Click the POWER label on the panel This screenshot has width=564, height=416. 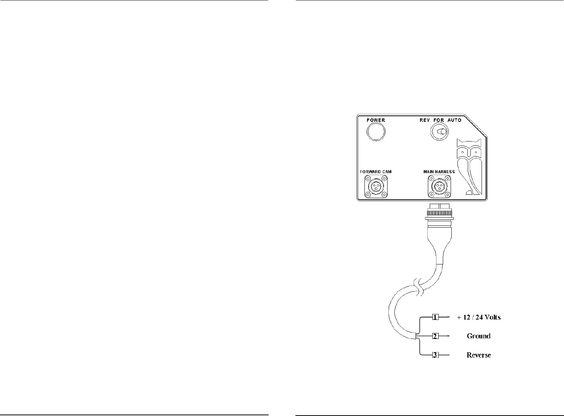376,120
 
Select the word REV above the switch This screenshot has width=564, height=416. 426,120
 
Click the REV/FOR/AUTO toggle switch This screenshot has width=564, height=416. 440,132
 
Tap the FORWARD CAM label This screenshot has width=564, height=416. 376,172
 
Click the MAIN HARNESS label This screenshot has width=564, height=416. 439,172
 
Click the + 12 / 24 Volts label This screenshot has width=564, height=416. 479,317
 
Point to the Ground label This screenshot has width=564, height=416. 479,336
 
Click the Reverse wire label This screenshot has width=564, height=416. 479,355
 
